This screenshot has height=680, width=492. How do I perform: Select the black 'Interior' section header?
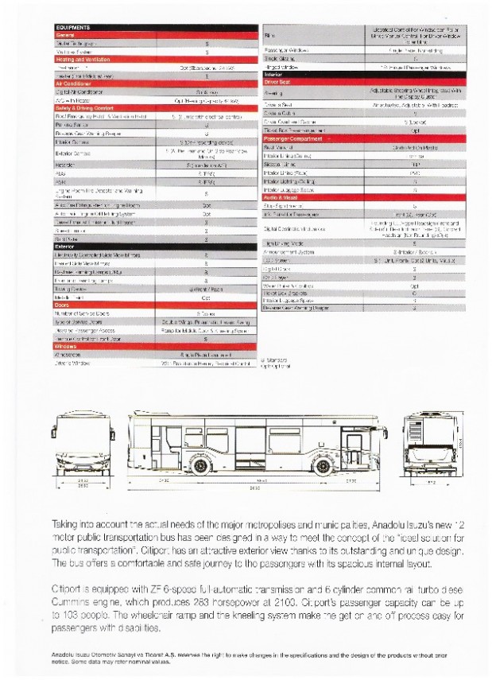[273, 74]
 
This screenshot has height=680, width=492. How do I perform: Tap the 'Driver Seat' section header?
[277, 81]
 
